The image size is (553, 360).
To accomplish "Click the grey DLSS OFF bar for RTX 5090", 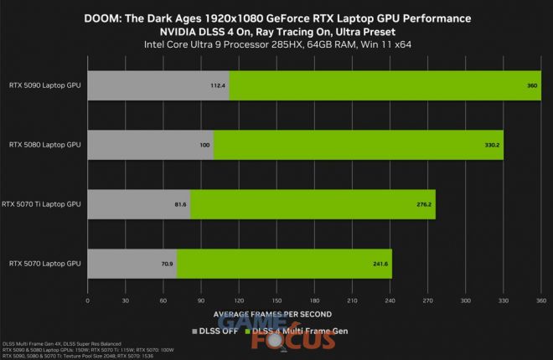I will [158, 85].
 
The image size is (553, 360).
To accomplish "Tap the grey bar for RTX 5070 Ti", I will [138, 204].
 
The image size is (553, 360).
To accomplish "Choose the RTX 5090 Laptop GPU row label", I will [44, 85].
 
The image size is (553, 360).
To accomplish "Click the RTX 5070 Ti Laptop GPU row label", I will [41, 204].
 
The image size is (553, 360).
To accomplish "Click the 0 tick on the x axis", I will [88, 301].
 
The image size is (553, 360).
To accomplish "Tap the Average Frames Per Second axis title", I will [271, 314].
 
